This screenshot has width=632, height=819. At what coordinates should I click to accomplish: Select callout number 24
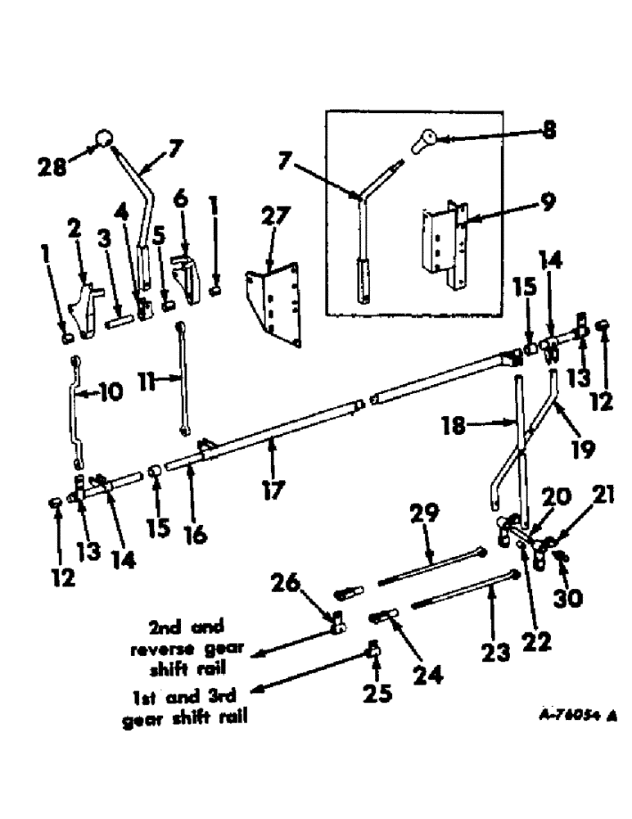(427, 676)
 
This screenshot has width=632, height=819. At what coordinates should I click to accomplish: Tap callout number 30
(568, 599)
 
